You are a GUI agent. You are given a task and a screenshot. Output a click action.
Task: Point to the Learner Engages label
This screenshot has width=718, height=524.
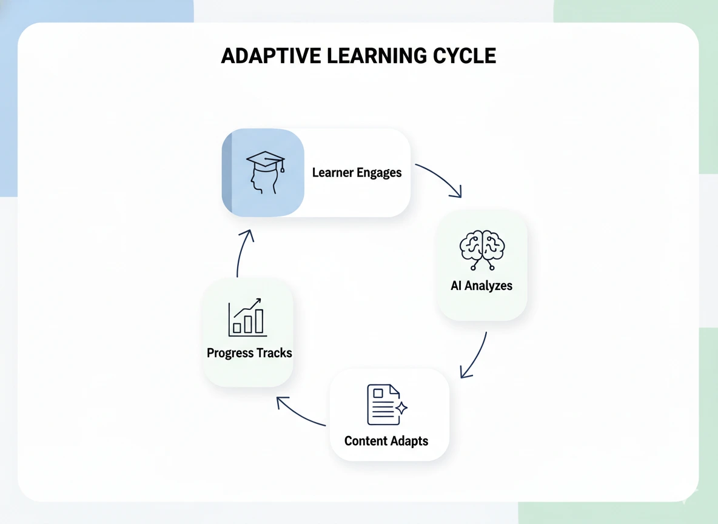(357, 173)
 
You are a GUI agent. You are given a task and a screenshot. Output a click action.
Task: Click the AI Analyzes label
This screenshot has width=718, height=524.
(481, 286)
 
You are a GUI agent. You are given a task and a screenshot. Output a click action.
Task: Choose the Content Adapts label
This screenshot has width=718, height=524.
(386, 441)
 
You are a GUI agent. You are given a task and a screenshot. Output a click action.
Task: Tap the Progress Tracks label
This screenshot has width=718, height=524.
(249, 353)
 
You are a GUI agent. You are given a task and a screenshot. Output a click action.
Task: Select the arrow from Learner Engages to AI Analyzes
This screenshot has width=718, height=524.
(441, 178)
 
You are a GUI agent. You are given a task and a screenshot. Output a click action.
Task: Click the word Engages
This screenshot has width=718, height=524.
(379, 173)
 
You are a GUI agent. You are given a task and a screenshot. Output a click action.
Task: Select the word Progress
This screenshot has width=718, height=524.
(229, 353)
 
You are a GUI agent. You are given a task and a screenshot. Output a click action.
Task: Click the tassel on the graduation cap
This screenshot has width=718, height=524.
(282, 167)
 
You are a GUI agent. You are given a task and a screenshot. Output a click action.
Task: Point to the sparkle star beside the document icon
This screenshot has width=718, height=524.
(401, 408)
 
